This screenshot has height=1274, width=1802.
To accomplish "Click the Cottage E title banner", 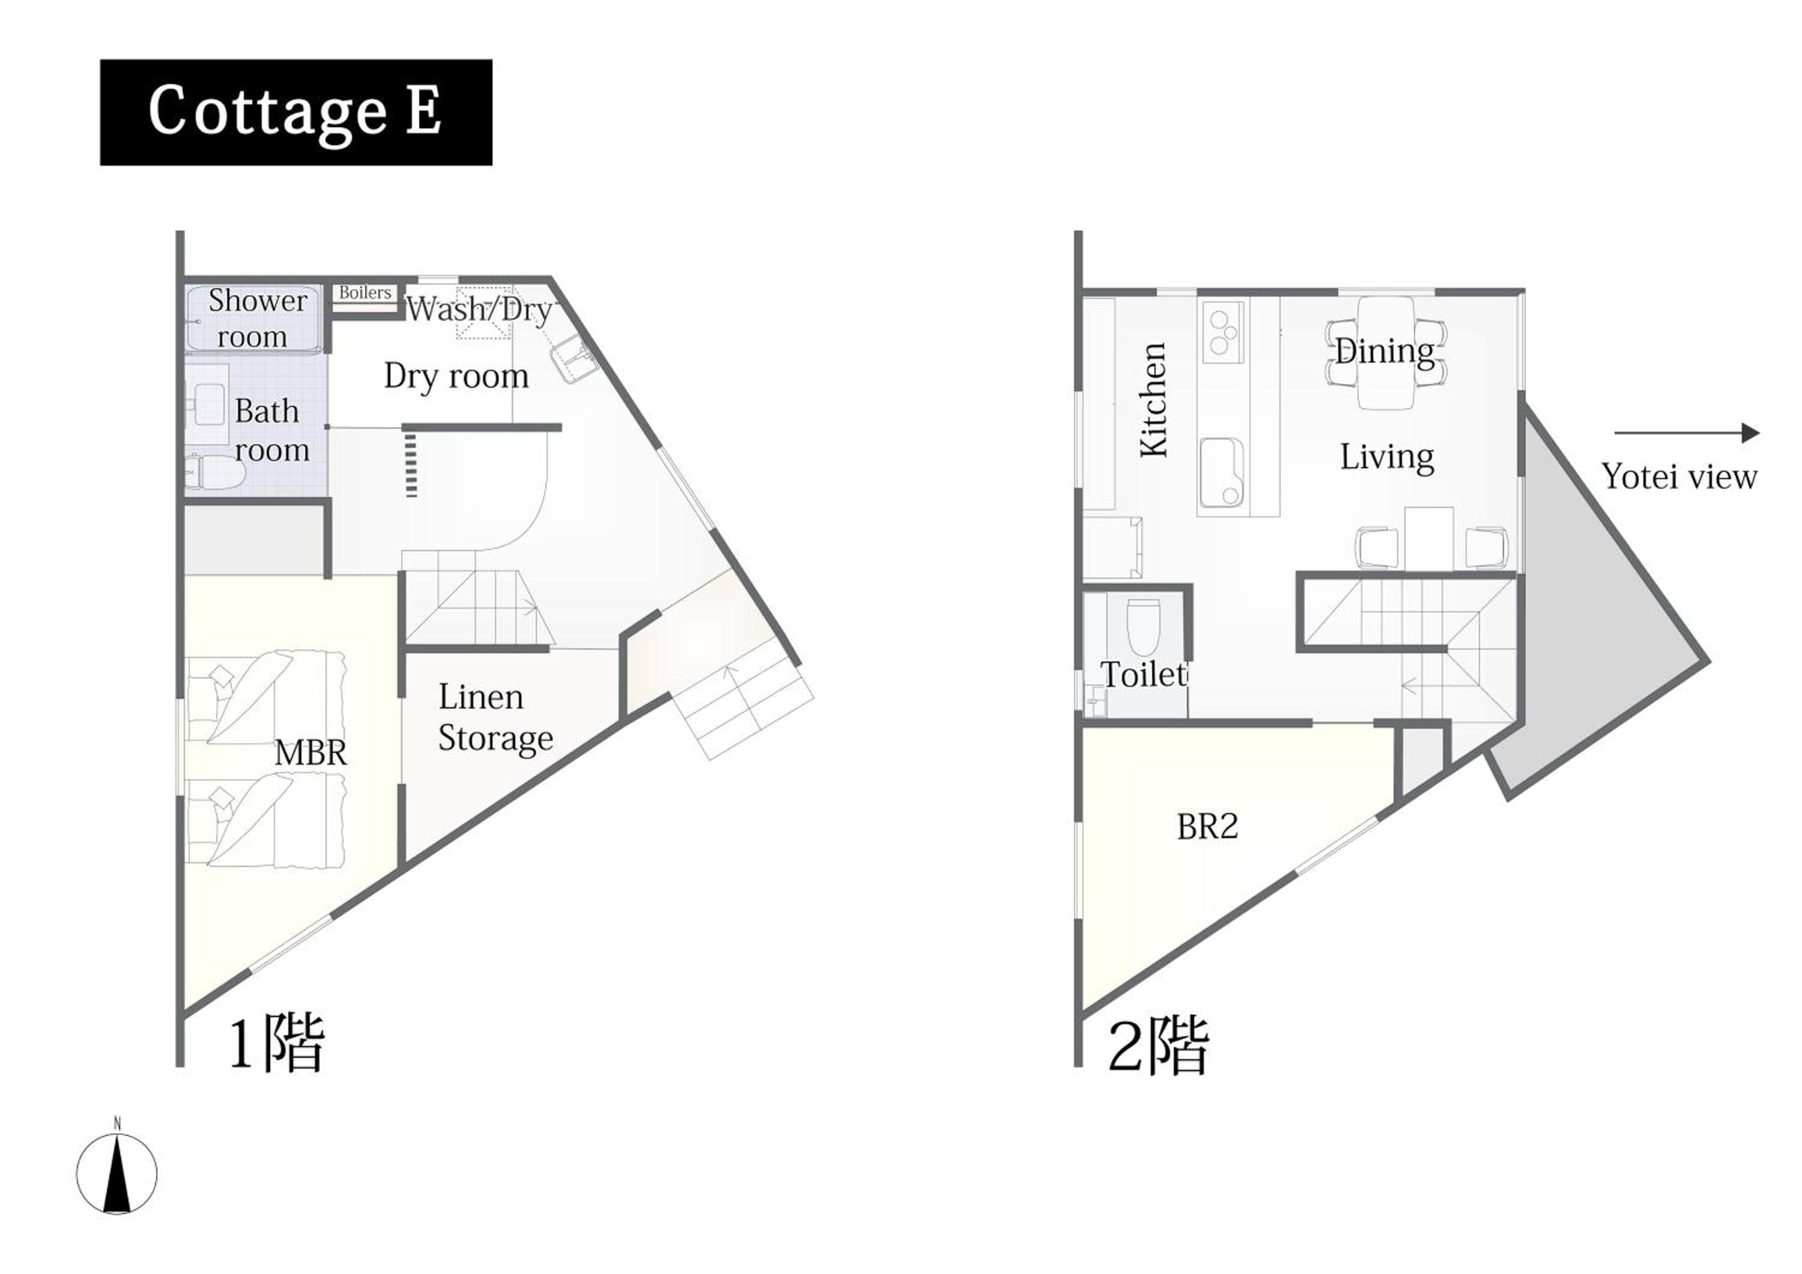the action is (x=296, y=112).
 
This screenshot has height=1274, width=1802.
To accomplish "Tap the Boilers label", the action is (x=365, y=292).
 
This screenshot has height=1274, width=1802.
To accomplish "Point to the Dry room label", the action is (x=456, y=376).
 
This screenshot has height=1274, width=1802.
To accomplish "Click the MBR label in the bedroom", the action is (x=311, y=753).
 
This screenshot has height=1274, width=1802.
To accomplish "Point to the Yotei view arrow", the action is (x=1687, y=432).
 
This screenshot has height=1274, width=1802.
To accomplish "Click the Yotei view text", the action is (x=1679, y=477).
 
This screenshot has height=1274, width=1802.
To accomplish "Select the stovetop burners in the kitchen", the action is (x=1222, y=333).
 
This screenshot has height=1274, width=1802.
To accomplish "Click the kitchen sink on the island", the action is (x=1222, y=471).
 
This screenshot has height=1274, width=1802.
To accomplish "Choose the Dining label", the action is (x=1385, y=351).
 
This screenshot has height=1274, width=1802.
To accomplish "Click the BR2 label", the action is (x=1208, y=826).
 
